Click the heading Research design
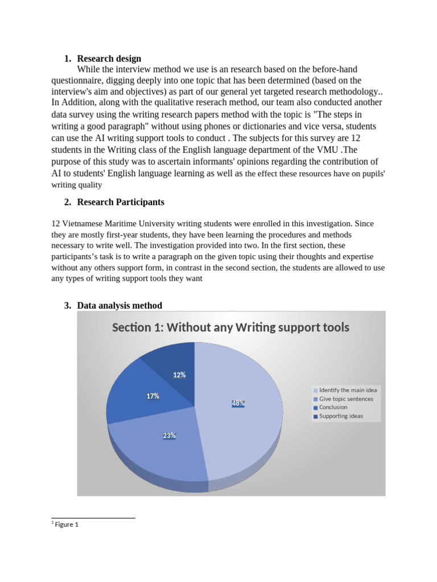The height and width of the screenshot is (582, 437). [x=109, y=59]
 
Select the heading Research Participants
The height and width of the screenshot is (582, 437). [x=121, y=202]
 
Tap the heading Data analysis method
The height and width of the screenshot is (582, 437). [x=119, y=306]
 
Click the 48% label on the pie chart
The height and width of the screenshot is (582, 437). [x=238, y=403]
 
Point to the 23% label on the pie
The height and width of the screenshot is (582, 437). [x=169, y=436]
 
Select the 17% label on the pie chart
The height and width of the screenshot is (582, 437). [x=152, y=396]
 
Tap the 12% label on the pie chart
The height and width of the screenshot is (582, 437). [x=179, y=375]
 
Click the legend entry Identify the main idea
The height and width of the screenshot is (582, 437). [x=348, y=390]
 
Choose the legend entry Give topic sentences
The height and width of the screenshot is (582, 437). [x=346, y=399]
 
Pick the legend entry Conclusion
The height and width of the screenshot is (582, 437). [x=333, y=408]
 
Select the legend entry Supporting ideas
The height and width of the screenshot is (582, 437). [x=341, y=416]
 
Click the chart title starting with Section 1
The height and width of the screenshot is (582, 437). [x=230, y=327]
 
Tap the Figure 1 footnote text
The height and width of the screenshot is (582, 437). [x=66, y=525]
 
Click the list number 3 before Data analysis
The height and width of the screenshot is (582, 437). [x=67, y=306]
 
